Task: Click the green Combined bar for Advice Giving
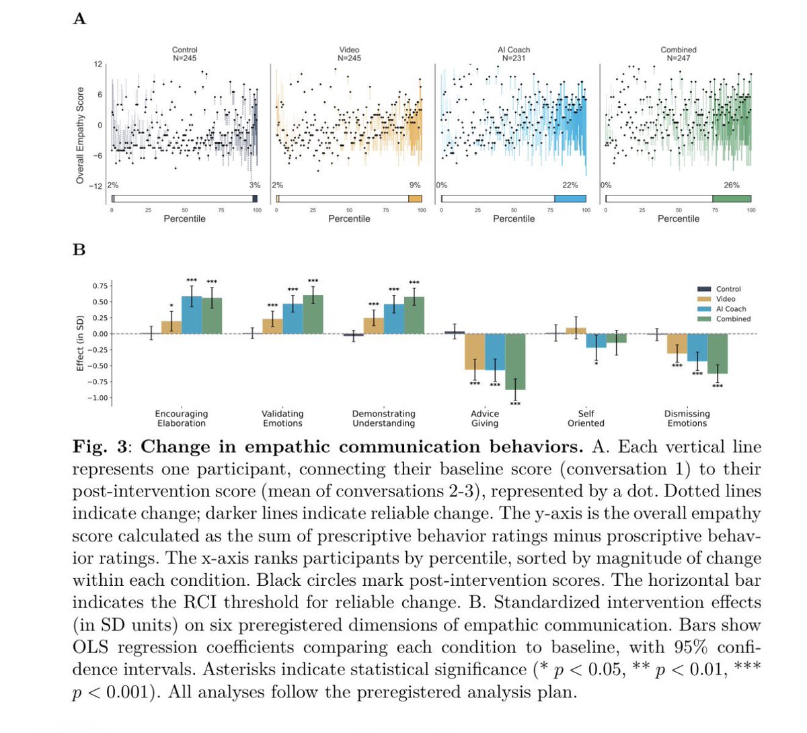pyautogui.click(x=515, y=361)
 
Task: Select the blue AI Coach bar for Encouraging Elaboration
pyautogui.click(x=192, y=315)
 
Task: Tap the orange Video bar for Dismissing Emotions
pyautogui.click(x=677, y=343)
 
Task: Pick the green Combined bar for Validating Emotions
pyautogui.click(x=313, y=314)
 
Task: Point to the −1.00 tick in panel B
pyautogui.click(x=98, y=398)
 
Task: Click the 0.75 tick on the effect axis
pyautogui.click(x=100, y=286)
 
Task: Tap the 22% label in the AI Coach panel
pyautogui.click(x=570, y=185)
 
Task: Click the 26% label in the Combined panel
pyautogui.click(x=732, y=185)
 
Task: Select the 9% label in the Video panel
pyautogui.click(x=415, y=185)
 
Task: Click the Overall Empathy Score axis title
pyautogui.click(x=80, y=136)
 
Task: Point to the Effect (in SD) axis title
pyautogui.click(x=79, y=343)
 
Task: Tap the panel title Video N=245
pyautogui.click(x=349, y=54)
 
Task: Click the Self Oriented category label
pyautogui.click(x=586, y=418)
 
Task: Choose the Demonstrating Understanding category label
pyautogui.click(x=384, y=418)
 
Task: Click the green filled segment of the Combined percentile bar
pyautogui.click(x=732, y=199)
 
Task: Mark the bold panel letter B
pyautogui.click(x=79, y=250)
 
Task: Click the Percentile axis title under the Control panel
pyautogui.click(x=184, y=219)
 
